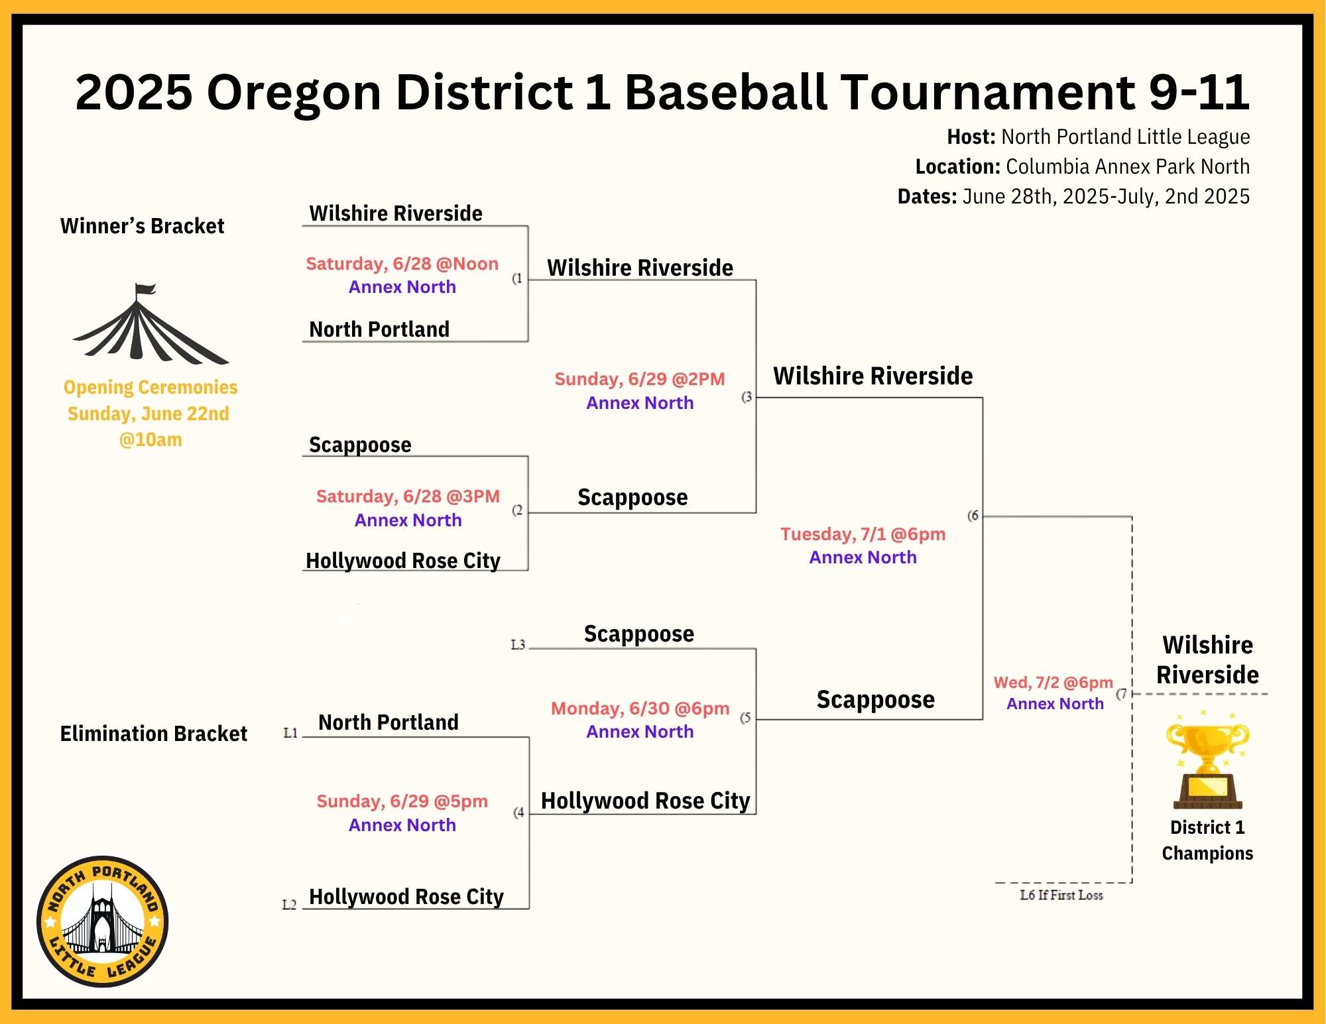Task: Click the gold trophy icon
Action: (1207, 761)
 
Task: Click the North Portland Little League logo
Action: (102, 922)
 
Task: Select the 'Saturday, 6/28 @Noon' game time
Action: (402, 264)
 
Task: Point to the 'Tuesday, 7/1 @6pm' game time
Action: (863, 534)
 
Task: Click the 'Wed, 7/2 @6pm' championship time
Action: (1053, 683)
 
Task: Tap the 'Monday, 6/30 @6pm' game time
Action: (640, 709)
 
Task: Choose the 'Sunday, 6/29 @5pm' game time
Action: (402, 801)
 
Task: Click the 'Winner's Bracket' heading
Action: (142, 226)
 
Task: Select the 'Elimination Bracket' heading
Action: (153, 734)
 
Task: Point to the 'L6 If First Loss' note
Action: (1061, 895)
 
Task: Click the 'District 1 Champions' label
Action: (1207, 840)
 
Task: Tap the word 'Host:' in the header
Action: (971, 137)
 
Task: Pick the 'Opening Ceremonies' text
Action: (151, 387)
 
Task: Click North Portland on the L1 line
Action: (389, 722)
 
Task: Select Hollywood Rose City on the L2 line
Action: (406, 897)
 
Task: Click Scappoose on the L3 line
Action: (639, 634)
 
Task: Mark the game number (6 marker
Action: (973, 516)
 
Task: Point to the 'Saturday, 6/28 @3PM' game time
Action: (408, 496)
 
